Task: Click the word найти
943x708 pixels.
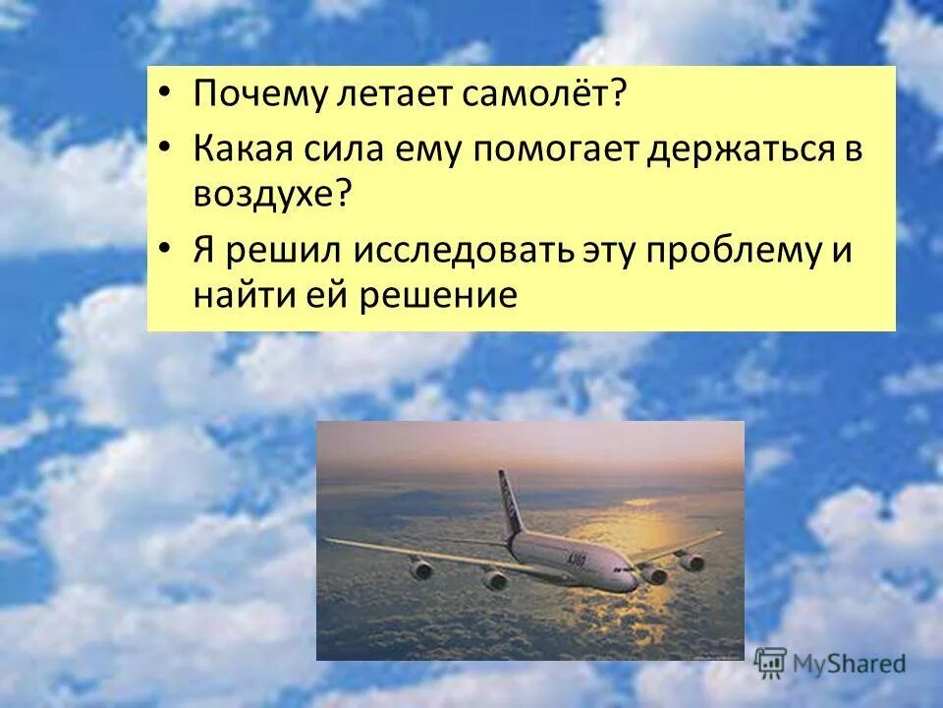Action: point(243,294)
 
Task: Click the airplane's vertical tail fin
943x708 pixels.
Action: point(508,501)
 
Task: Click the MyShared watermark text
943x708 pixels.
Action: point(851,664)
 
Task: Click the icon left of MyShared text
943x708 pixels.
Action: point(771,662)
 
